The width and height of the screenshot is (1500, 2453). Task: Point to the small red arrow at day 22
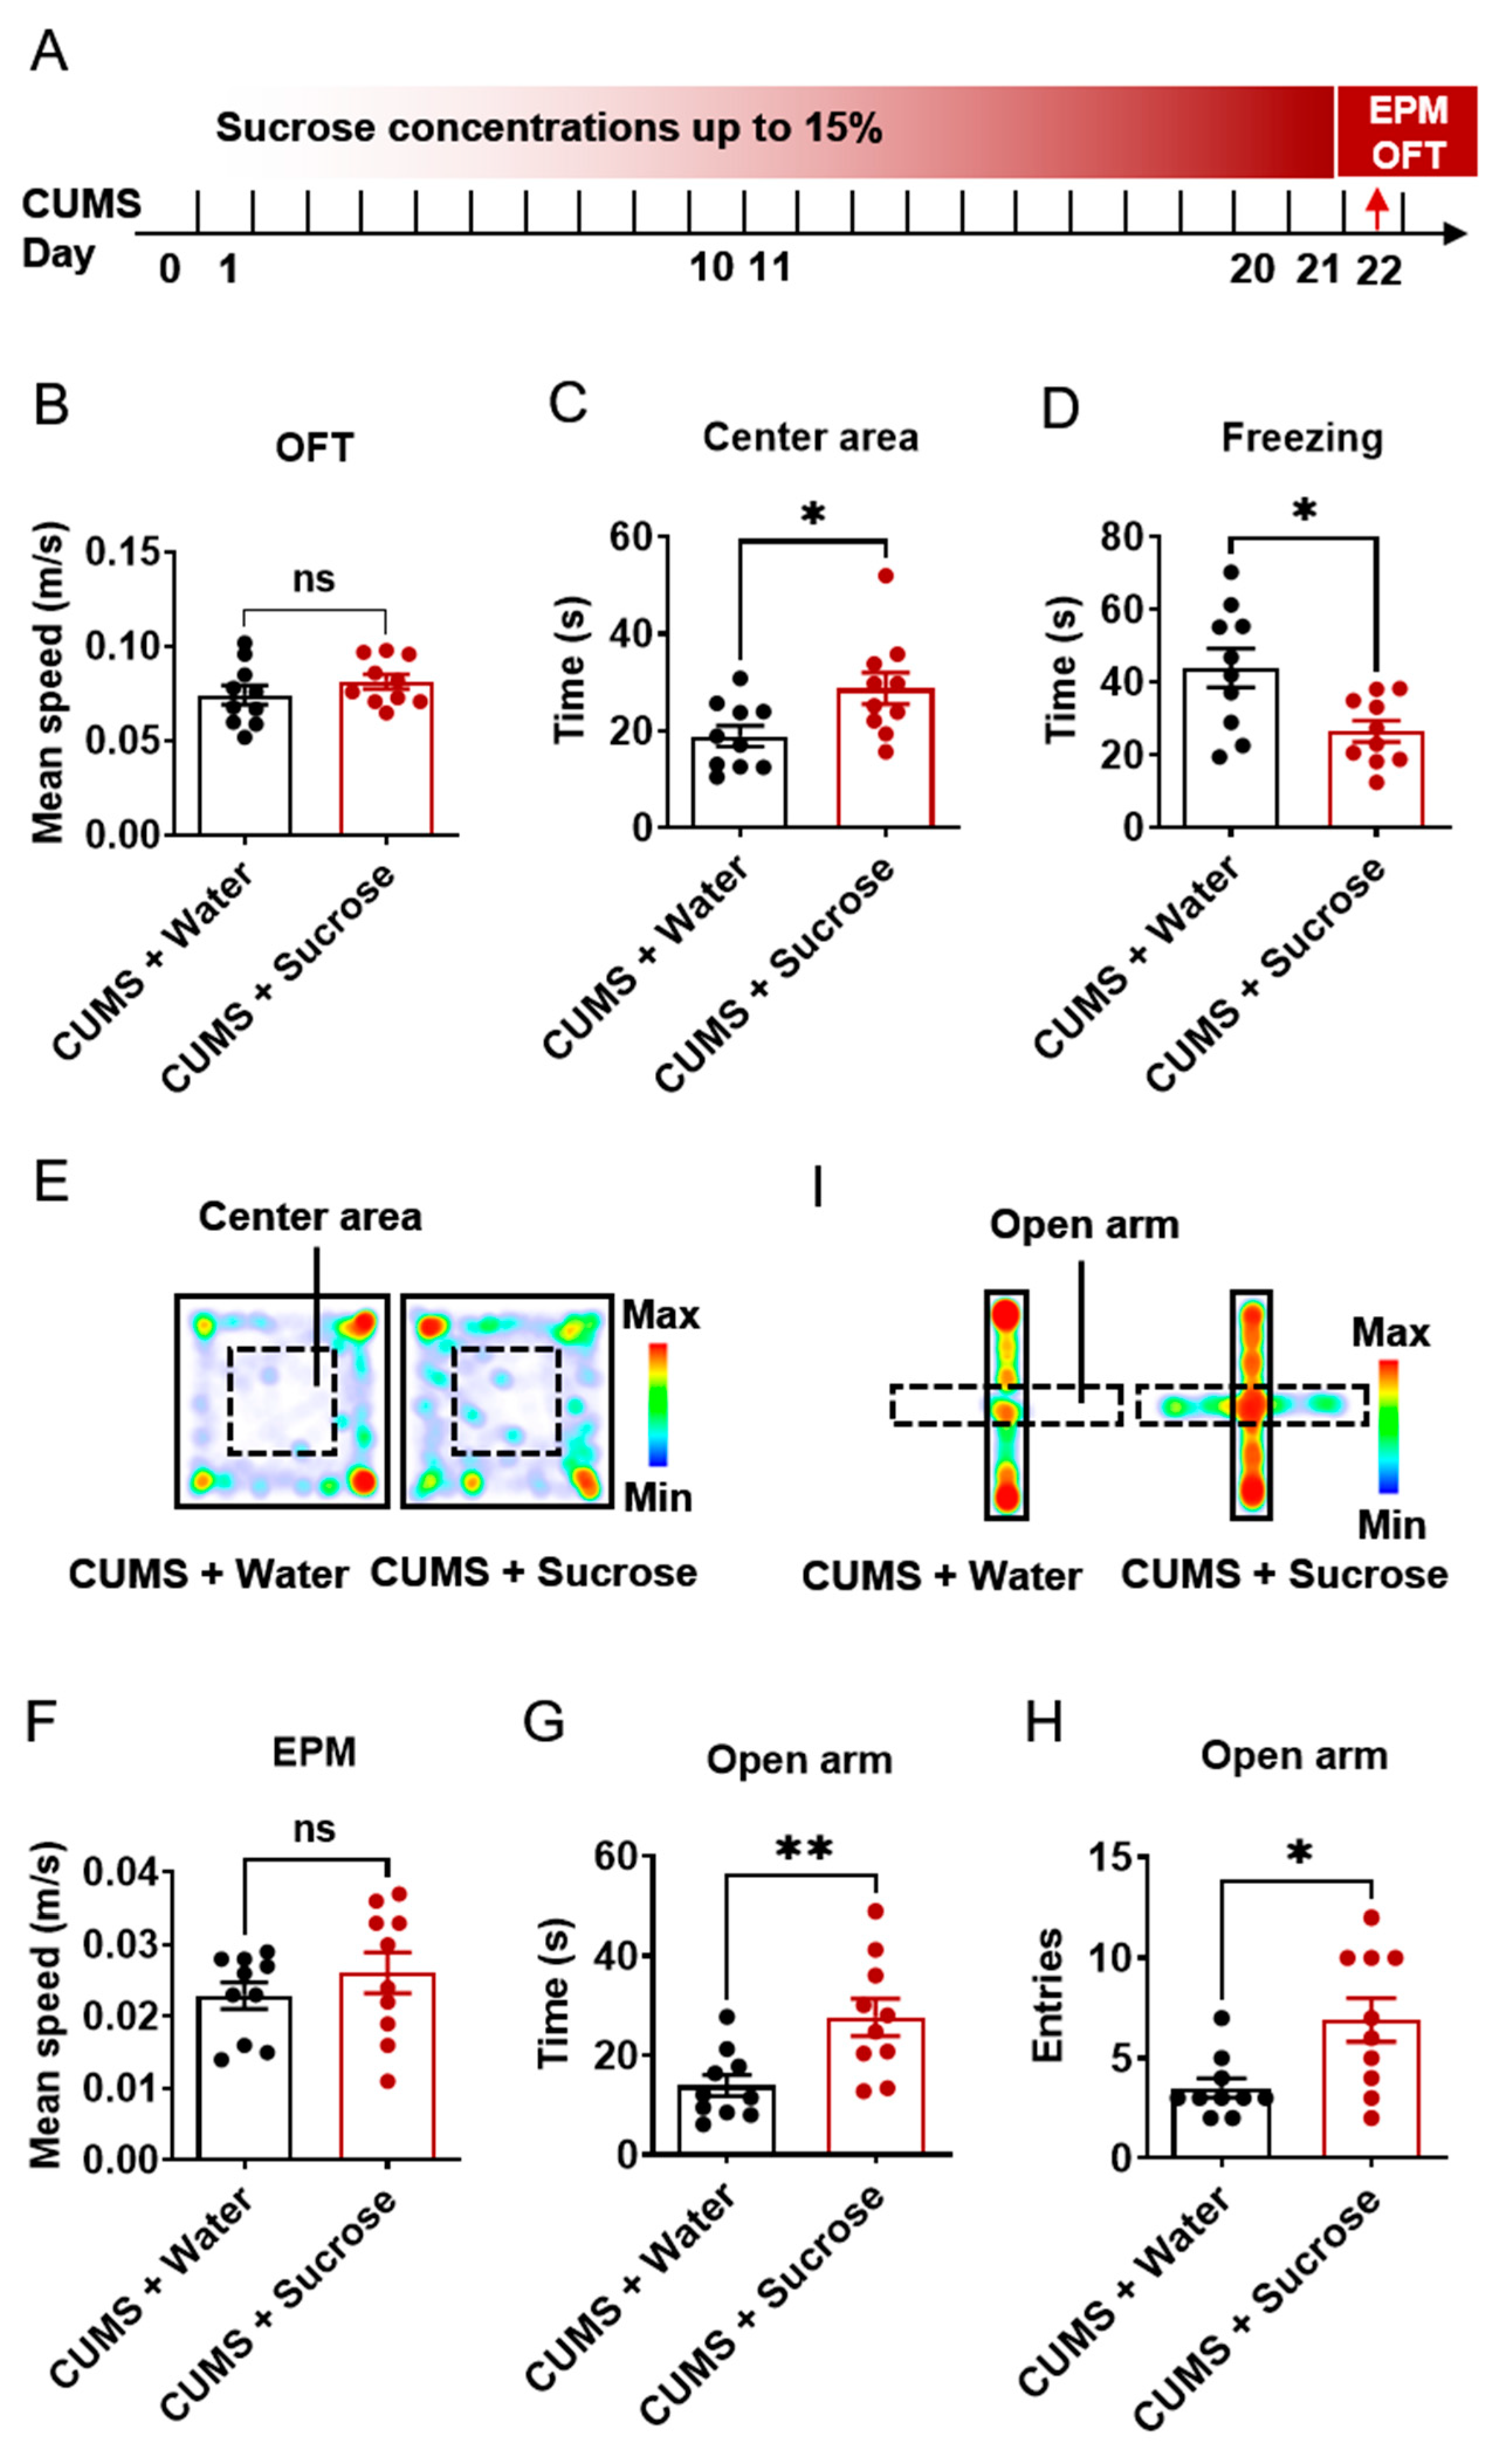(1377, 208)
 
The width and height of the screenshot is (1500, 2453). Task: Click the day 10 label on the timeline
(711, 267)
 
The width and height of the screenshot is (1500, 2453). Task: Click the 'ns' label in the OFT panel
(314, 579)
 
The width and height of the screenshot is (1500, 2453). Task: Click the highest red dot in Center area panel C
(885, 576)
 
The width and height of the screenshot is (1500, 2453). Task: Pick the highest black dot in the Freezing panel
(1231, 572)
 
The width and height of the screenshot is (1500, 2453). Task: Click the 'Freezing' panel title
(1302, 438)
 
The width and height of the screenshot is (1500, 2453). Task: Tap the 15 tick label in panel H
(1111, 1857)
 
